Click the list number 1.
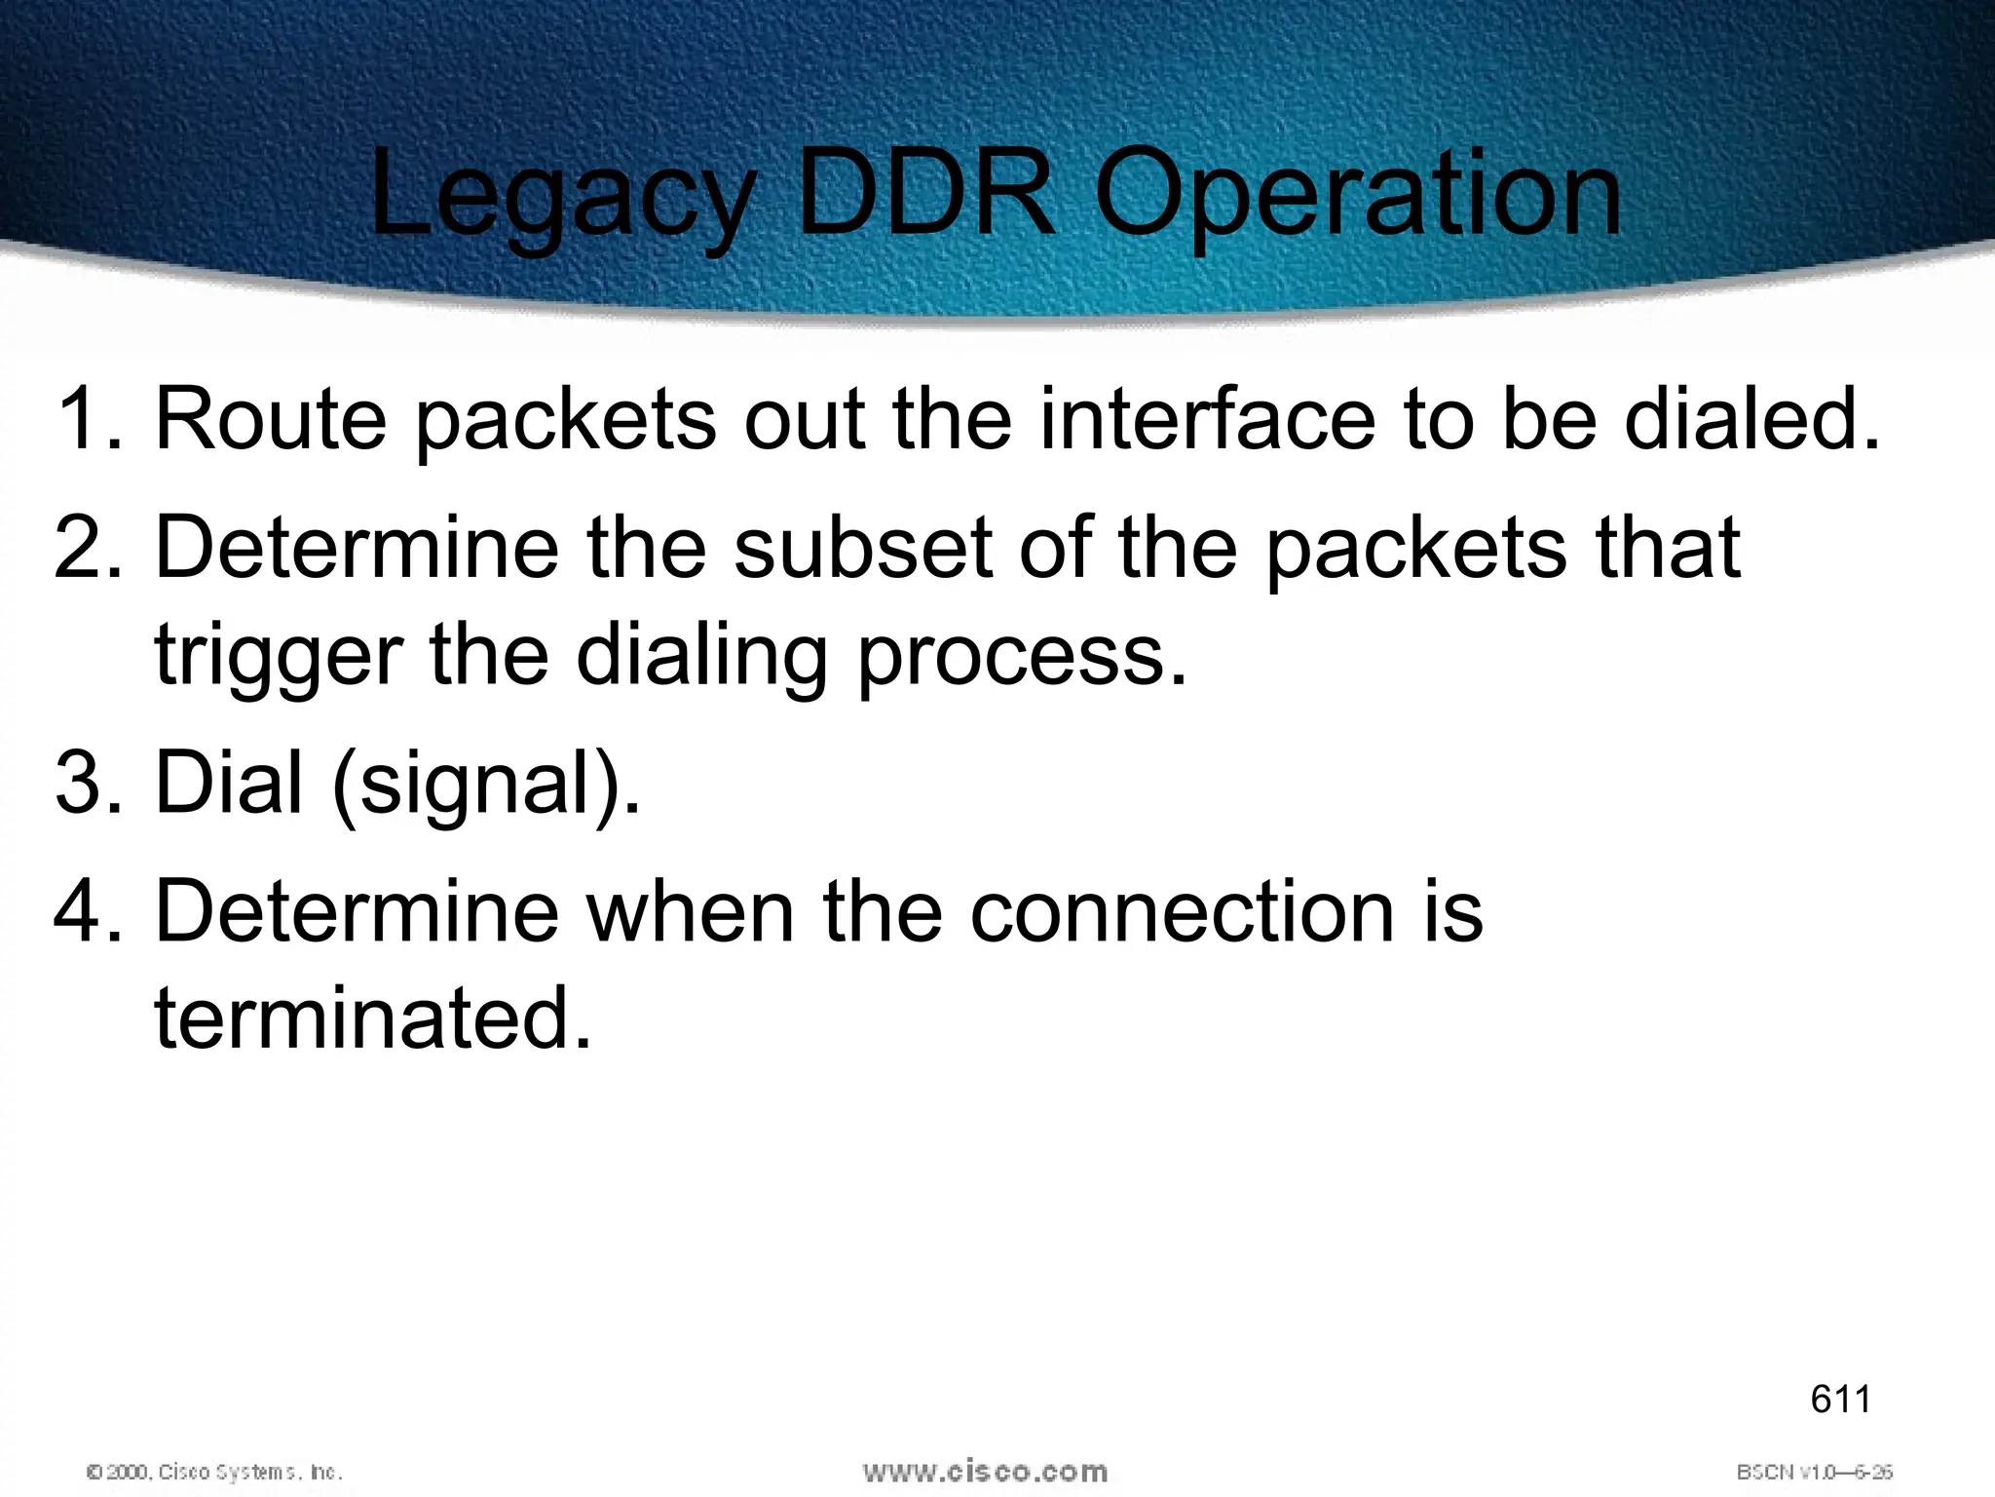[x=86, y=419]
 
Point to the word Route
[x=271, y=419]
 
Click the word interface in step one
[x=1207, y=419]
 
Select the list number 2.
[x=86, y=548]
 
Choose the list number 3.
[x=86, y=783]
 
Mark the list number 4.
[x=86, y=911]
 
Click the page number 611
[x=1840, y=1400]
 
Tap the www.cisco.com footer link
[x=985, y=1471]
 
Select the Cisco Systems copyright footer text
[x=214, y=1472]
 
